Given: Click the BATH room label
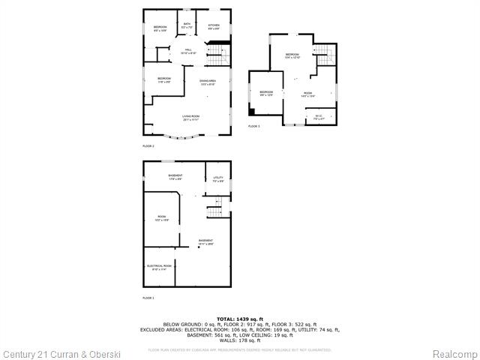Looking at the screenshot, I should (x=186, y=27).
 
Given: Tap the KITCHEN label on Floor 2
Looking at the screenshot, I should (x=214, y=27).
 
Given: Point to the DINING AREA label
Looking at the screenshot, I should (x=208, y=82).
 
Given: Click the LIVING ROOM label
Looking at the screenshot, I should (x=190, y=117).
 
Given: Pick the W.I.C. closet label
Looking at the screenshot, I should (x=318, y=117).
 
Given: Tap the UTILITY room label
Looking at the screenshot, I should (x=217, y=179).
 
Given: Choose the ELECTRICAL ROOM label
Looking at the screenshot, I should (x=159, y=267).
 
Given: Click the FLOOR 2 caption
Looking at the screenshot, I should (x=148, y=145).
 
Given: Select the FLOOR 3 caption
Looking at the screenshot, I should (x=254, y=127).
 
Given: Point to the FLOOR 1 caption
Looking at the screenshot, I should (x=148, y=298).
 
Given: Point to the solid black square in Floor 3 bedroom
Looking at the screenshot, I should (x=253, y=112).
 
